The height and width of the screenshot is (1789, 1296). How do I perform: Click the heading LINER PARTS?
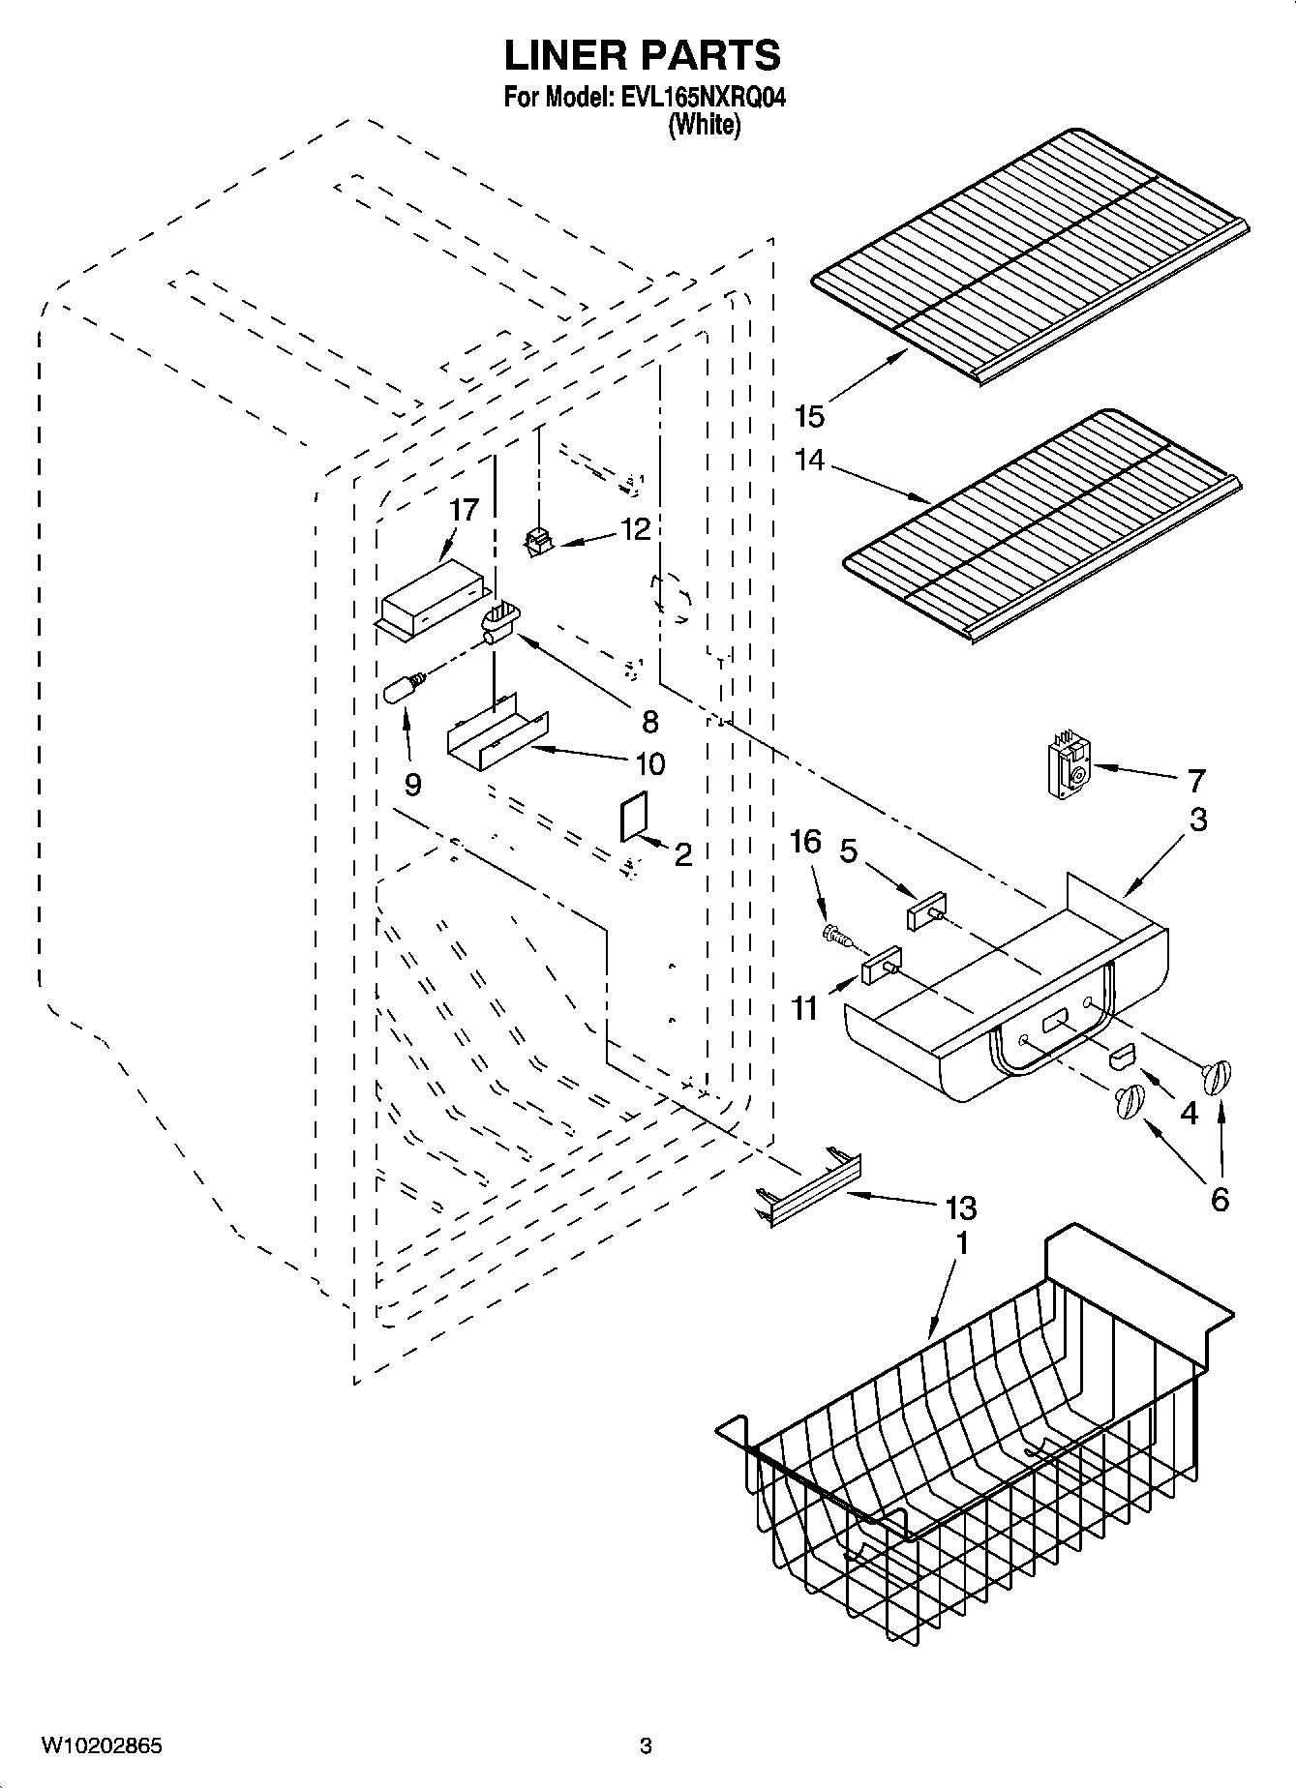[642, 56]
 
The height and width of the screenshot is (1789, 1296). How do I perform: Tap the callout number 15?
[808, 417]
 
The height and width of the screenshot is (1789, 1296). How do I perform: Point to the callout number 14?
[809, 460]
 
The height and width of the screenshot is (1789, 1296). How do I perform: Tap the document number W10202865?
[102, 1746]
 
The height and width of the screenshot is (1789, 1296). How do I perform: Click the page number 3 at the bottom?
[646, 1746]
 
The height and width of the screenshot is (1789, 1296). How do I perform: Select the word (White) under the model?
[704, 125]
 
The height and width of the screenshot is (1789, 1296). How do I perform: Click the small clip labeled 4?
[1123, 1057]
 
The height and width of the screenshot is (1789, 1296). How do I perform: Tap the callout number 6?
[1220, 1200]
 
